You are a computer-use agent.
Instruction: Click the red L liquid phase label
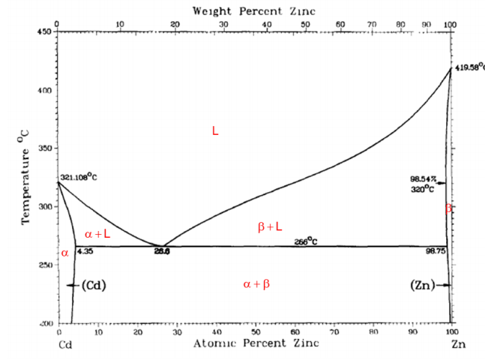(x=215, y=131)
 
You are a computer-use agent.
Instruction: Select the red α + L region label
(x=97, y=234)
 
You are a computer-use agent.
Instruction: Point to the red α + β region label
(x=257, y=284)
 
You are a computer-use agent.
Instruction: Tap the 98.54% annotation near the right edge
(x=422, y=179)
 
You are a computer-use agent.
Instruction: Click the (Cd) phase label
(x=93, y=285)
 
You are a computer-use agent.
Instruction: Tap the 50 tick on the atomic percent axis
(x=256, y=331)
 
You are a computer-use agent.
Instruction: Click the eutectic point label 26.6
(x=162, y=252)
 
